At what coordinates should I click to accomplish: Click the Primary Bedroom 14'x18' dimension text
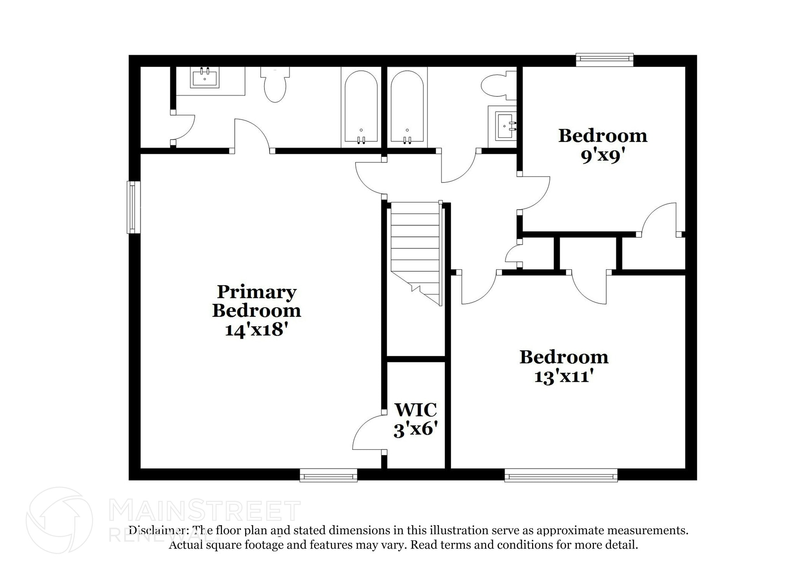[x=256, y=330]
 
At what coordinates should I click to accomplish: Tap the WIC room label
[x=415, y=410]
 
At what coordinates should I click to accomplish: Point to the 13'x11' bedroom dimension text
[x=564, y=376]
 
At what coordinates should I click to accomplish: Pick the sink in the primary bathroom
[x=204, y=77]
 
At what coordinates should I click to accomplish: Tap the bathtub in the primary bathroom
[x=361, y=107]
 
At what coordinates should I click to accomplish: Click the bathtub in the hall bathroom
[x=407, y=107]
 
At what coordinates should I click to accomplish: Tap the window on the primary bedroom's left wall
[x=133, y=207]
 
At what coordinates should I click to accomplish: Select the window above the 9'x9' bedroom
[x=604, y=59]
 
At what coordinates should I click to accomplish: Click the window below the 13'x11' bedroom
[x=560, y=475]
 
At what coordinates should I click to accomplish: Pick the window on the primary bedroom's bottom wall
[x=328, y=475]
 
